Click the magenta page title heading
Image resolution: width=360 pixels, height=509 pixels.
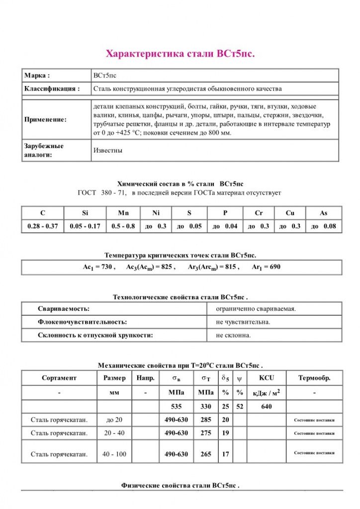tap(180, 53)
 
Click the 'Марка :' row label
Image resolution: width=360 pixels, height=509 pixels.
tap(37, 76)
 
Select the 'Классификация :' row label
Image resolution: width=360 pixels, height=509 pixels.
tap(52, 89)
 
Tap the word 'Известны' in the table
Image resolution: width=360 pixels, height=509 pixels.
tap(108, 150)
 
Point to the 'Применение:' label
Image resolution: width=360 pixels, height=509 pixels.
tap(45, 120)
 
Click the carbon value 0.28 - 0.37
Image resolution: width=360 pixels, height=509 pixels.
tap(43, 226)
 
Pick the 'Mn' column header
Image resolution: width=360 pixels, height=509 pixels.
tap(123, 213)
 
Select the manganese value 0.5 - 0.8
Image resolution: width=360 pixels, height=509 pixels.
tap(123, 226)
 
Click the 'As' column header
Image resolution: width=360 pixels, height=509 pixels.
tap(323, 213)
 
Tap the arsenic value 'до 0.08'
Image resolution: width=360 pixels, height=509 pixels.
tap(323, 226)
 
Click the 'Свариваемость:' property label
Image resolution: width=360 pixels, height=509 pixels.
tap(64, 309)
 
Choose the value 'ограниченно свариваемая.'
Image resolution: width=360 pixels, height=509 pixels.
tap(256, 309)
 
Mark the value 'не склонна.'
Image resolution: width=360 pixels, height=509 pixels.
tap(234, 335)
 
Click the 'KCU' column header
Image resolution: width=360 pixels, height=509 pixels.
tap(267, 378)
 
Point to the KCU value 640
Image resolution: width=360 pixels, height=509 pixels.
tap(267, 406)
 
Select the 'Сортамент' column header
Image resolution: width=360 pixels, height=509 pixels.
tap(59, 378)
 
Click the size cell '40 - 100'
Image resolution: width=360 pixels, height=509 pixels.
tap(114, 454)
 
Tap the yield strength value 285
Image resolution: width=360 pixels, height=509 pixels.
tap(206, 420)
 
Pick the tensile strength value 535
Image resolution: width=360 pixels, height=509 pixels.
tap(177, 406)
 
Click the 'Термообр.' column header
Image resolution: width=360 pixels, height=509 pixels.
tap(314, 378)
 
